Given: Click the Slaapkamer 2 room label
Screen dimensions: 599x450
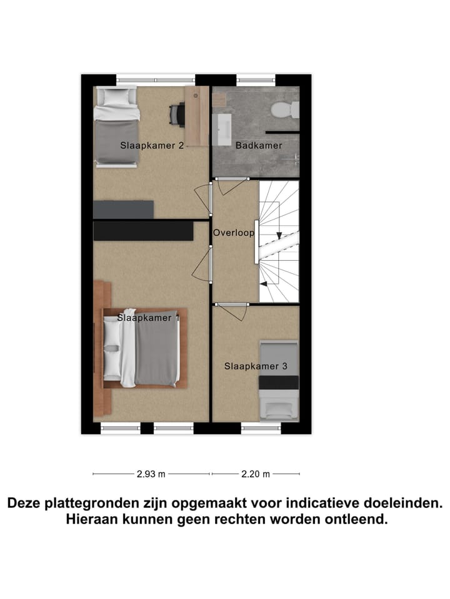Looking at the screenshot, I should [151, 145].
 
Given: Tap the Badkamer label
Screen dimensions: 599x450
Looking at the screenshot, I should [258, 145].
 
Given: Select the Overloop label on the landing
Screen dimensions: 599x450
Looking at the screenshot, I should [234, 233].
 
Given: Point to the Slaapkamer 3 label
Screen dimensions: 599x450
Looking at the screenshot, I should [256, 366].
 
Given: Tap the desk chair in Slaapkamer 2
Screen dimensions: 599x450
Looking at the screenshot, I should [177, 114].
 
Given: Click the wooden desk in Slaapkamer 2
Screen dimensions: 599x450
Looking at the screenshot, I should [196, 115].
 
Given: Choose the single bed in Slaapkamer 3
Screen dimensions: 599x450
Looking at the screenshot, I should [279, 380].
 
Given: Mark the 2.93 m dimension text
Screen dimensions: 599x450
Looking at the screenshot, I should [151, 474].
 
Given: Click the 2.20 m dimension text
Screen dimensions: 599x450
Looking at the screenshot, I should [256, 474].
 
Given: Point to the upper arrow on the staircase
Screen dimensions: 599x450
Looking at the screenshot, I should [278, 236].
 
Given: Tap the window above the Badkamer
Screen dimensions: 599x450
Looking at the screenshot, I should [256, 79].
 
